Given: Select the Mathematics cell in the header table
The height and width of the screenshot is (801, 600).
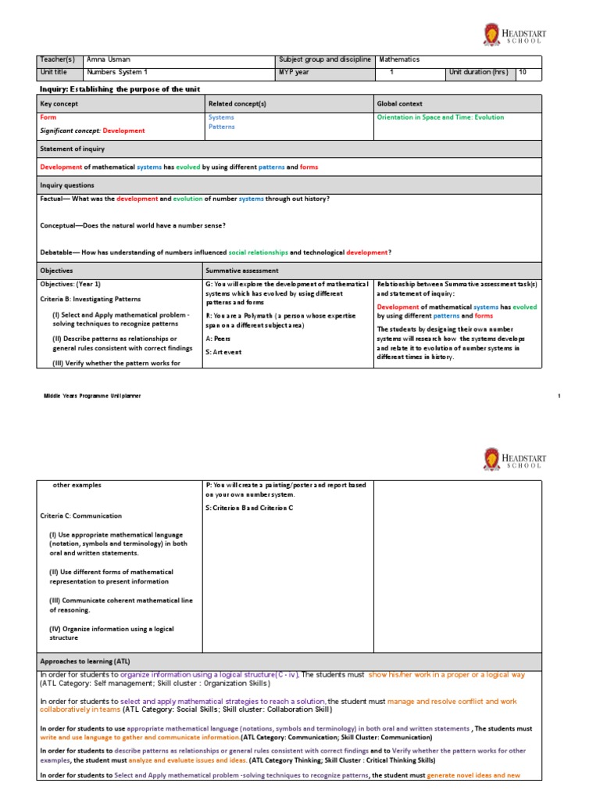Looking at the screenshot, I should coord(399,59).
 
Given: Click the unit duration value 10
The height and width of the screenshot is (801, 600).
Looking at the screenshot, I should coord(523,72).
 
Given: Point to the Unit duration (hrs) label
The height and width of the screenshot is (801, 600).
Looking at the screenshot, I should coord(478,72).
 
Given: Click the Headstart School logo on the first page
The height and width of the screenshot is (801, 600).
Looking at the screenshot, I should coord(515,34).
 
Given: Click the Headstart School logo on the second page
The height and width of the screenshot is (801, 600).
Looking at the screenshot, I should coord(515,459).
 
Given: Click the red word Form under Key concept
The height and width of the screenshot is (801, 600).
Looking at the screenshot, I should coord(48,117).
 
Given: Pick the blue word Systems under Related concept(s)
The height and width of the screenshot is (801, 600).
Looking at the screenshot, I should coord(221,117).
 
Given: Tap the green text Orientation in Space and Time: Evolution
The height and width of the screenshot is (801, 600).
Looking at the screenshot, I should coord(440,117).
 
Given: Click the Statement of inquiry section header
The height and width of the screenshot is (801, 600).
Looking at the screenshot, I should coord(72,149).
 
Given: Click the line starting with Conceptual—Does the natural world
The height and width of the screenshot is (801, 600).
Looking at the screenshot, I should coord(132,225).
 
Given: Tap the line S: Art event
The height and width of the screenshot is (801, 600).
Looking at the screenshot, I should coord(223,353).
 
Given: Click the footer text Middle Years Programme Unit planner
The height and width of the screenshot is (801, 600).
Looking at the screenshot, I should coord(92,397).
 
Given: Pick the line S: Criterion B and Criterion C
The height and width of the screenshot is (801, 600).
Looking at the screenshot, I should coord(248,508).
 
